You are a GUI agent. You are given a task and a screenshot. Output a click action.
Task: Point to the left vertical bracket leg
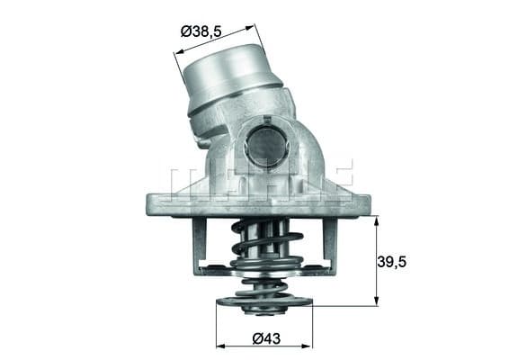[x=199, y=243]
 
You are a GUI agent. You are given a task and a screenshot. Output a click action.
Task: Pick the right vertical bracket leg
[x=329, y=243]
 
